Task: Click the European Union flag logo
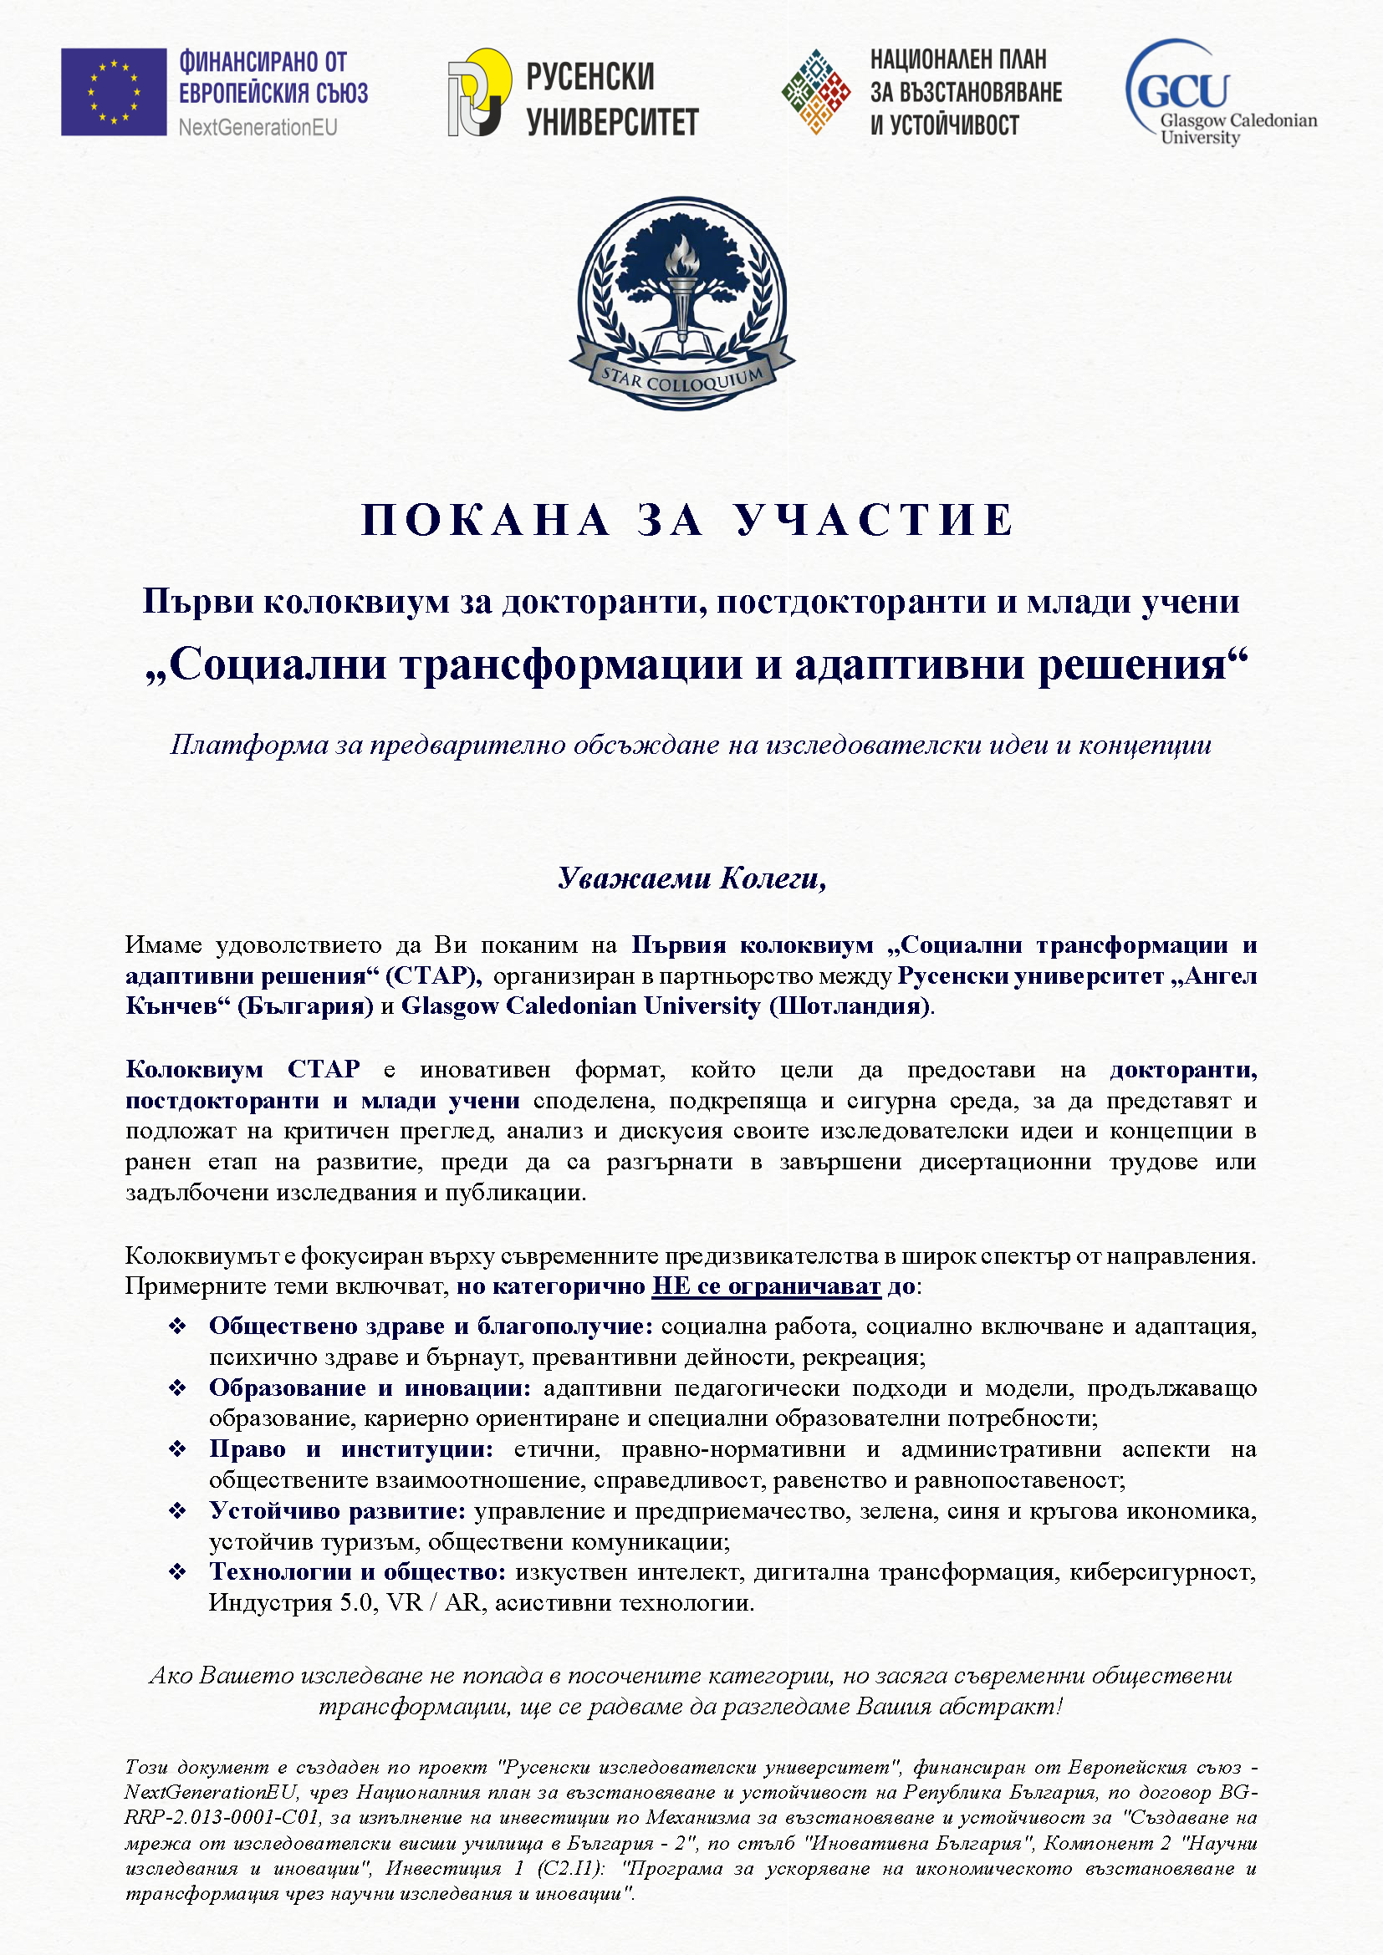(113, 92)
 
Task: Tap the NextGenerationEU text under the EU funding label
(258, 128)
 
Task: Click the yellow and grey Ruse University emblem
(479, 92)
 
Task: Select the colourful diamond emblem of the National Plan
(816, 92)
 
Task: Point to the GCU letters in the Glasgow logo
(1183, 89)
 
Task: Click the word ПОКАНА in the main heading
(487, 519)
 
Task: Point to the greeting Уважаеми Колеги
(691, 878)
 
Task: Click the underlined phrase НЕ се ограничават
(766, 1286)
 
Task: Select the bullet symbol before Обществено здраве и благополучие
(177, 1326)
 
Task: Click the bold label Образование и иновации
(370, 1388)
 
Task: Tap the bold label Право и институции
(351, 1449)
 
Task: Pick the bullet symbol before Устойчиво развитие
(177, 1511)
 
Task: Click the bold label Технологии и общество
(358, 1572)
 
